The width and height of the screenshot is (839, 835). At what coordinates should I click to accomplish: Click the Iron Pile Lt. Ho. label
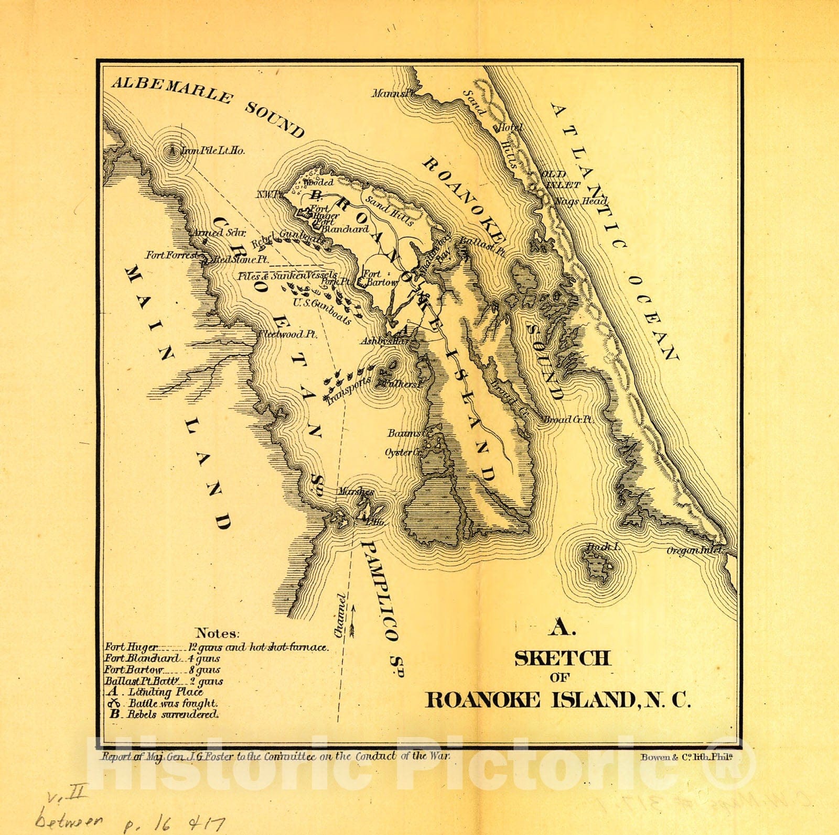(x=212, y=151)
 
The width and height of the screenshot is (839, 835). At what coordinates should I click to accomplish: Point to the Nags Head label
(x=580, y=201)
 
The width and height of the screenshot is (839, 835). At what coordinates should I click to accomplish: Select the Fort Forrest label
(x=172, y=255)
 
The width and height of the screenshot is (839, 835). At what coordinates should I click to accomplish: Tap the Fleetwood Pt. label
(x=287, y=334)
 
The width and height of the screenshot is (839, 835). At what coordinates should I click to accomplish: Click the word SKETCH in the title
(x=562, y=658)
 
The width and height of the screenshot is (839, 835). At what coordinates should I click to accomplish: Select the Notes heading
(x=218, y=633)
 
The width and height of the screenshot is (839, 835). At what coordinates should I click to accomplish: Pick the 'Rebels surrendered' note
(x=164, y=714)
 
